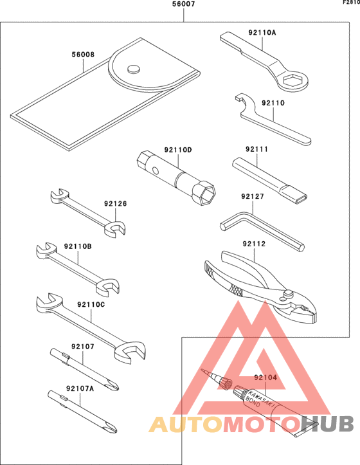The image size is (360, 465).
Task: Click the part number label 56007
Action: click(x=184, y=5)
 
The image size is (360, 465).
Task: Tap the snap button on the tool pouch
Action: click(x=134, y=69)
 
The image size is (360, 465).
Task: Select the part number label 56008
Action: click(x=83, y=55)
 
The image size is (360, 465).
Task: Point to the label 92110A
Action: click(x=262, y=32)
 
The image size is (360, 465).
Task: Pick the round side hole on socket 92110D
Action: click(x=155, y=170)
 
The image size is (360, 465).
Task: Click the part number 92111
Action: click(x=256, y=149)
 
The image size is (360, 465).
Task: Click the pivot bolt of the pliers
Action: click(x=287, y=294)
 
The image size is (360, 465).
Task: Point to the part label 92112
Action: click(x=254, y=244)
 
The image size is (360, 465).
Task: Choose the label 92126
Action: click(x=115, y=203)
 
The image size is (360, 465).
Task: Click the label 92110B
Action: click(x=78, y=246)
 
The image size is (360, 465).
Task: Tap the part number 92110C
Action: click(x=91, y=305)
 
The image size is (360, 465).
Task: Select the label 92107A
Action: click(x=80, y=388)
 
